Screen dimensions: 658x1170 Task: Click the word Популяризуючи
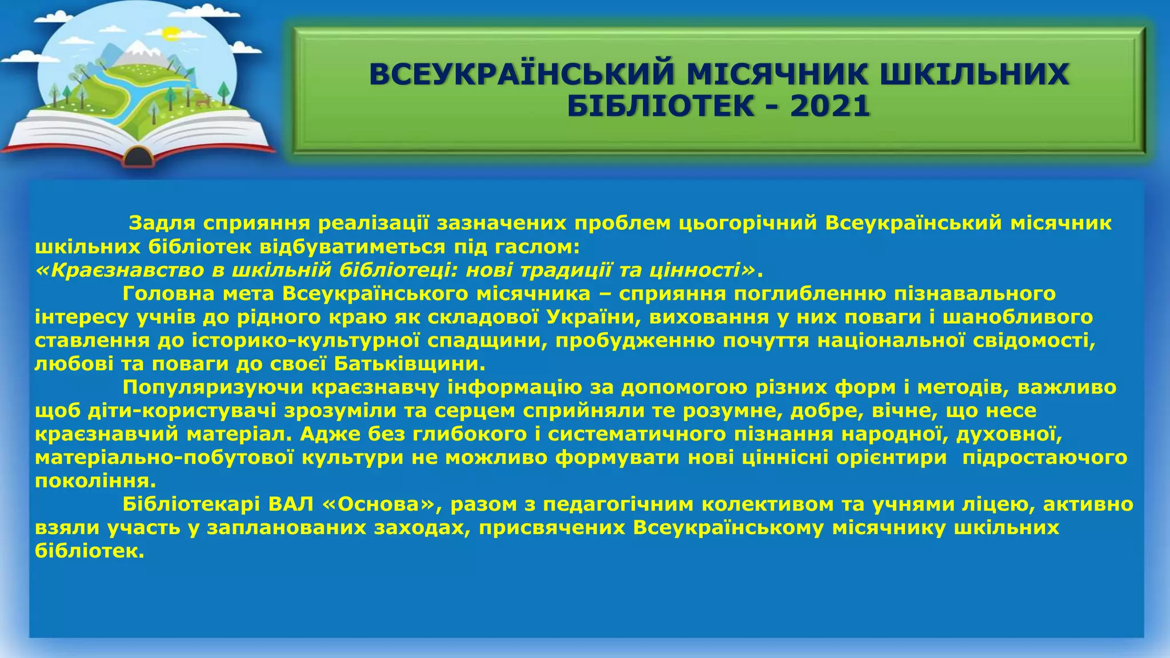pos(214,387)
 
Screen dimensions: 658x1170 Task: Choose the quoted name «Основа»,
pos(383,504)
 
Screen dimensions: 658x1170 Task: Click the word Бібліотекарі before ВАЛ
pos(191,504)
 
